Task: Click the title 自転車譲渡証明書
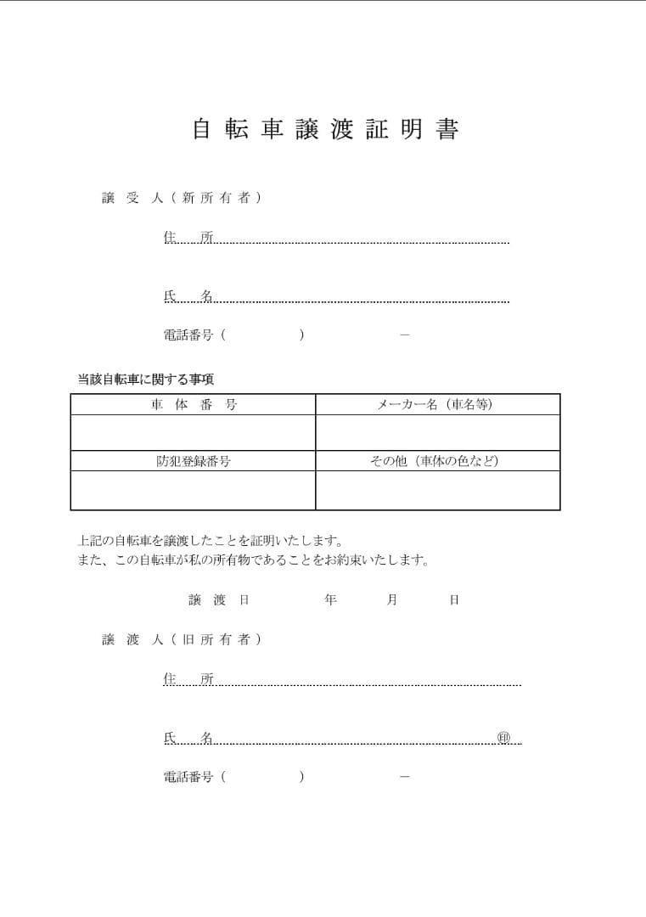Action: coord(326,130)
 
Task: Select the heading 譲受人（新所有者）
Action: coord(182,198)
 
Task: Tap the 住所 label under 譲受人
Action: coord(188,237)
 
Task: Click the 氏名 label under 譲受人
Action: coord(188,295)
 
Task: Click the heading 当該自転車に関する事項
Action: coord(152,379)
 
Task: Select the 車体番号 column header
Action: coord(194,405)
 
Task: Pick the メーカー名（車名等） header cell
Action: coord(436,405)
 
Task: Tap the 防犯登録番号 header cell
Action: coord(194,461)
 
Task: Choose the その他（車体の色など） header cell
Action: coord(436,461)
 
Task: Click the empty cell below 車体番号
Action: coord(194,433)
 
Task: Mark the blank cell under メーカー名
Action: coord(437,433)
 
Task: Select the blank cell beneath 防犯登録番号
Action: coord(194,491)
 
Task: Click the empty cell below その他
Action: coord(437,491)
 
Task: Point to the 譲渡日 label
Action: coord(218,599)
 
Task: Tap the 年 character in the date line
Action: coord(330,599)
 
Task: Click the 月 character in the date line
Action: coord(392,599)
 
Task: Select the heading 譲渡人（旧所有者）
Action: coord(182,639)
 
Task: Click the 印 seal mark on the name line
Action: coord(503,737)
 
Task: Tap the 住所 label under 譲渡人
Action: coord(188,678)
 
